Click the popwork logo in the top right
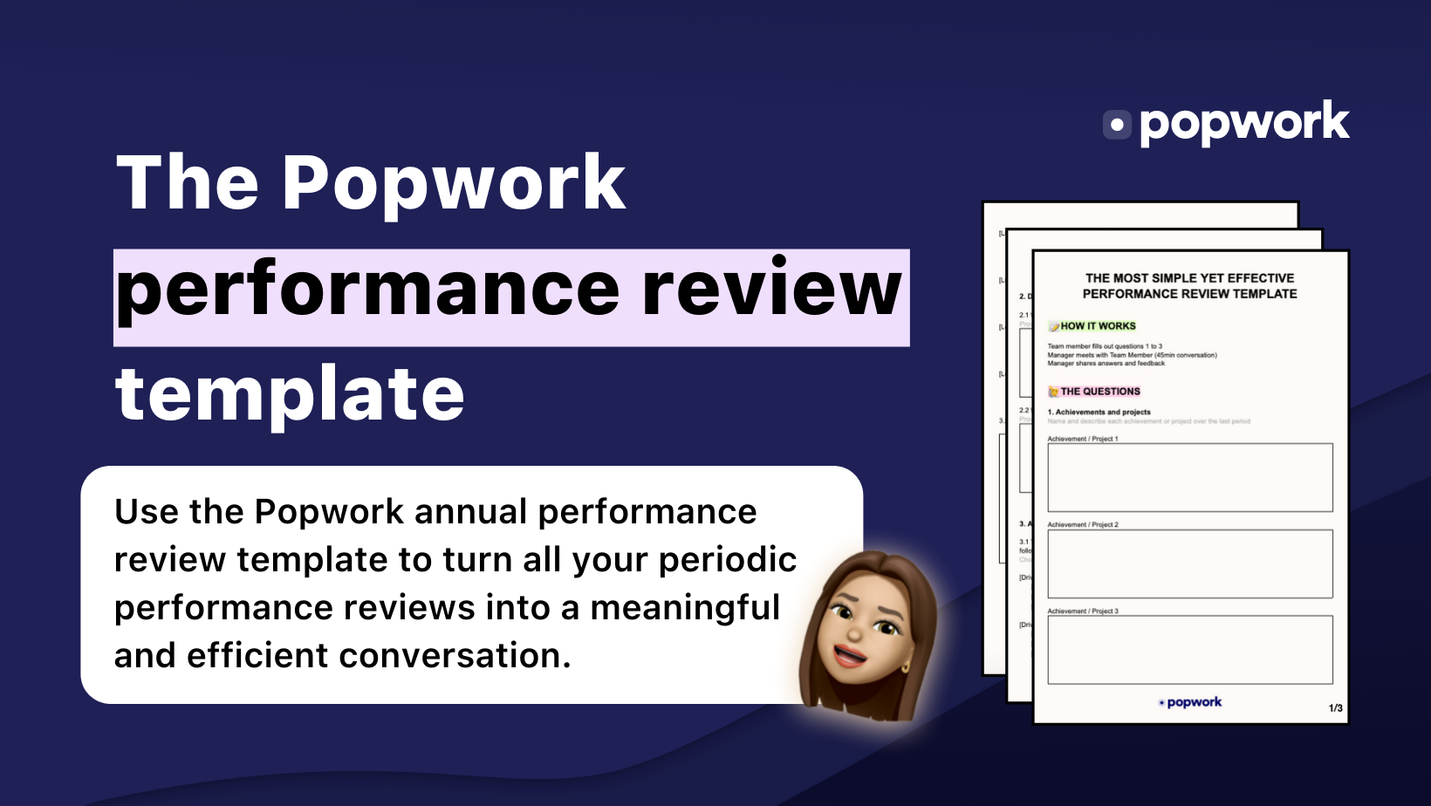point(1226,123)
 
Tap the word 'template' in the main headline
point(290,393)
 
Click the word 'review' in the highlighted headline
point(771,290)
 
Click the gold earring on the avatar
point(905,668)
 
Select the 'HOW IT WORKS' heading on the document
point(1098,326)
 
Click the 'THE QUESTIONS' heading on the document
point(1099,392)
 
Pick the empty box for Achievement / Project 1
point(1189,477)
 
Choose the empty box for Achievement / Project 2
point(1189,564)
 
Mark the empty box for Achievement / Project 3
point(1189,650)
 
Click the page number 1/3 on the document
point(1335,708)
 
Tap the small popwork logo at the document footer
point(1190,702)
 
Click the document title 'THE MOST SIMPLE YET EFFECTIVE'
point(1189,278)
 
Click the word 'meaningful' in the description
point(685,608)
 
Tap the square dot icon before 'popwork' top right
point(1117,125)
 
